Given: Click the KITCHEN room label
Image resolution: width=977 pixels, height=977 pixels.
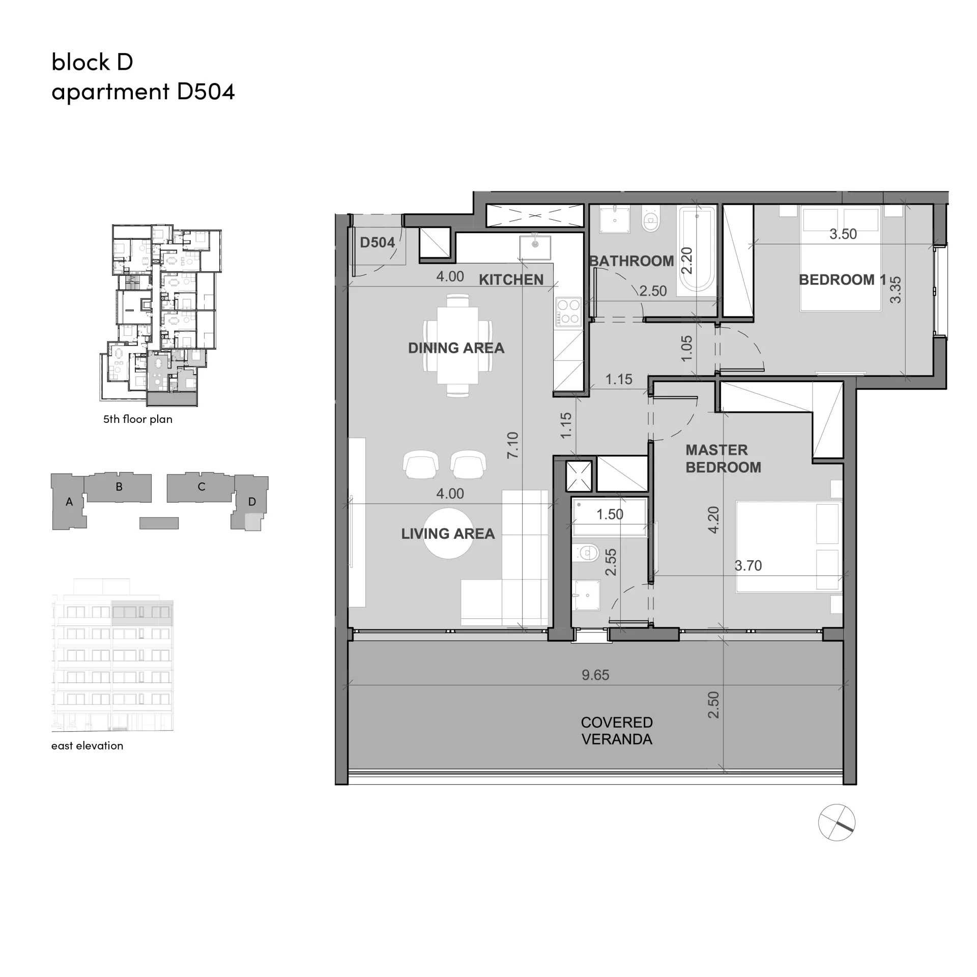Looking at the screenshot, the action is tap(511, 279).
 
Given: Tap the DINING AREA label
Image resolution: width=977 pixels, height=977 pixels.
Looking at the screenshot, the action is tap(456, 348).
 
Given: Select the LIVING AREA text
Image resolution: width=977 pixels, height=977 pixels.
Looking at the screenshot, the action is tap(448, 534).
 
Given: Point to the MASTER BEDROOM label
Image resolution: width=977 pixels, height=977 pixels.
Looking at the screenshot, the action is tap(723, 458).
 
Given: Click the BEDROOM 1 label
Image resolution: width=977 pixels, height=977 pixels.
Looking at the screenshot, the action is tap(842, 280).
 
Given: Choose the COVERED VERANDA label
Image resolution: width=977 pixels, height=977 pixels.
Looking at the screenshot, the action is tap(617, 731).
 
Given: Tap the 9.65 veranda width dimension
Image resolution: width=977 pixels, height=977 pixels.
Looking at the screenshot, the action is tap(595, 675).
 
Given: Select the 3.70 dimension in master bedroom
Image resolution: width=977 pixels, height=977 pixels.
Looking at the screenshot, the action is tap(748, 565).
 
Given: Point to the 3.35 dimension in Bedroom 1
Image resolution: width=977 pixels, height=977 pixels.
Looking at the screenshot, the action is tap(895, 290).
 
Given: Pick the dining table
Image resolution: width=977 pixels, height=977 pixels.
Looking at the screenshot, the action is tap(457, 345).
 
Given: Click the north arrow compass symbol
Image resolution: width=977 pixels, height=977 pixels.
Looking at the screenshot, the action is tap(837, 822).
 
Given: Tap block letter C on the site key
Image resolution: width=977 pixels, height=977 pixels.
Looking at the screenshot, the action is tap(202, 487).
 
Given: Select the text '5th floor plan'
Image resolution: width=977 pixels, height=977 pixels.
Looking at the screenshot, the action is tap(138, 419).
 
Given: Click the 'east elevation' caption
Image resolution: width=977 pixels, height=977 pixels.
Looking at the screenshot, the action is tap(87, 745).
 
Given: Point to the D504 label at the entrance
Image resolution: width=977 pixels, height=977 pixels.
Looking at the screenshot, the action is tap(378, 243).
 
